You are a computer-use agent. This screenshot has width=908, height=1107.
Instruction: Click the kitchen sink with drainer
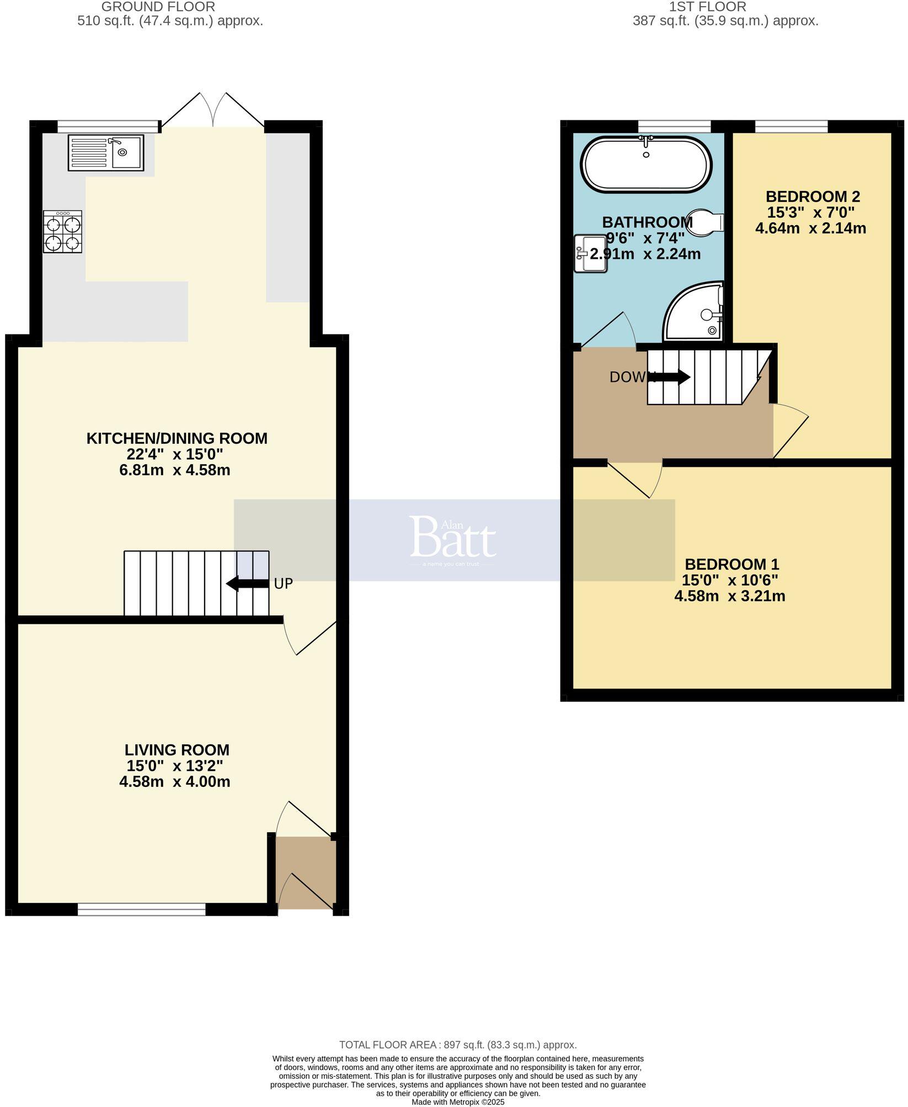pyautogui.click(x=106, y=152)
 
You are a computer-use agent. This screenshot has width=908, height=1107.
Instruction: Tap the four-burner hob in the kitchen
pyautogui.click(x=63, y=232)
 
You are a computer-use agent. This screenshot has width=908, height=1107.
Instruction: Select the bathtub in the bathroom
pyautogui.click(x=646, y=164)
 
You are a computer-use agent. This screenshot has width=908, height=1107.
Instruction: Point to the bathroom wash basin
pyautogui.click(x=590, y=254)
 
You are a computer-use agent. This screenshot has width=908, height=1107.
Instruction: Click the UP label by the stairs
pyautogui.click(x=283, y=584)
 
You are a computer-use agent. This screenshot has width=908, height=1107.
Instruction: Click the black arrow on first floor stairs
pyautogui.click(x=671, y=377)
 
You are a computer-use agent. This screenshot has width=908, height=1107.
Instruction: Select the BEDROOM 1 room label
pyautogui.click(x=731, y=564)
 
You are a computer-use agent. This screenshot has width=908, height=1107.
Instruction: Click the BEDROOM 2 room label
pyautogui.click(x=813, y=196)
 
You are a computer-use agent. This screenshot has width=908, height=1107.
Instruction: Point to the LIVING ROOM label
pyautogui.click(x=177, y=750)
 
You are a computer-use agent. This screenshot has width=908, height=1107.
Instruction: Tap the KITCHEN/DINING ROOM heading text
pyautogui.click(x=177, y=438)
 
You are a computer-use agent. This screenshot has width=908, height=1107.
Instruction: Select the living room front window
pyautogui.click(x=142, y=909)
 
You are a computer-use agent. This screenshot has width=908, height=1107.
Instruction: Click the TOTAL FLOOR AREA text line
pyautogui.click(x=457, y=1045)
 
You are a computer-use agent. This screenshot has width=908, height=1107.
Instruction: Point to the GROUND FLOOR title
pyautogui.click(x=158, y=7)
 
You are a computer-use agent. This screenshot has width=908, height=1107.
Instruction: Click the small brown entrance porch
pyautogui.click(x=305, y=872)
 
